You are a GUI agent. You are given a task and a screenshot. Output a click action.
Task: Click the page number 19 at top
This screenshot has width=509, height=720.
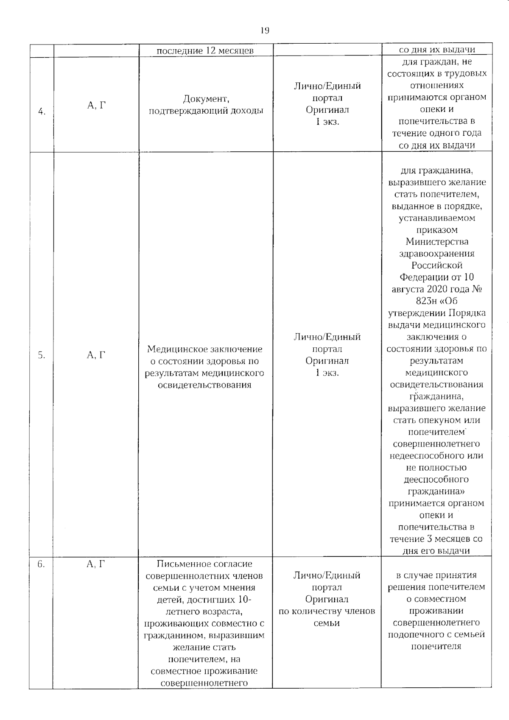264,30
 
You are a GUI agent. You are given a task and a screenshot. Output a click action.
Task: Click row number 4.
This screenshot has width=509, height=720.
42,112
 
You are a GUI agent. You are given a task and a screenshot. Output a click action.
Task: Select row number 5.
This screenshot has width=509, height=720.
42,355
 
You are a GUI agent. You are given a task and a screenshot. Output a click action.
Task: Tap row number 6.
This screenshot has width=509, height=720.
41,564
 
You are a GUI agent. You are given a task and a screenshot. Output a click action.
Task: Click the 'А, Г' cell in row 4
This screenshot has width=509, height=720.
96,106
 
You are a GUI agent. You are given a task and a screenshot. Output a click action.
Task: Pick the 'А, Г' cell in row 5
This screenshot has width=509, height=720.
96,355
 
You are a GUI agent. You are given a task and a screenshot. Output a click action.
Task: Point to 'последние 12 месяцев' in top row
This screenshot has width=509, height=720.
205,51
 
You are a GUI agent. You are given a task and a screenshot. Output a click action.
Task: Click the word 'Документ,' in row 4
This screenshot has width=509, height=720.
206,99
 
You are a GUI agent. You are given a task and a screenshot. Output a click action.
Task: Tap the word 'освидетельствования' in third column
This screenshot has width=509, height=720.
204,385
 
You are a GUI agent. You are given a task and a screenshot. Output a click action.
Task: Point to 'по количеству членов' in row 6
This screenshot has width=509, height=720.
327,611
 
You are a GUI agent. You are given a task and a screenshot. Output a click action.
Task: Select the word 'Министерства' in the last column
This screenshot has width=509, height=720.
437,242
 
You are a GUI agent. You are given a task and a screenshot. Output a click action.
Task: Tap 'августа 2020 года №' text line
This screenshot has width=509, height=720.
437,289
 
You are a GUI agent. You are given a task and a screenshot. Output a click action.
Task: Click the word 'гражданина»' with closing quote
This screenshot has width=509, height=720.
436,491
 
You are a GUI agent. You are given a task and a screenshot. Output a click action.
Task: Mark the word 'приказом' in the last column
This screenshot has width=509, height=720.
436,230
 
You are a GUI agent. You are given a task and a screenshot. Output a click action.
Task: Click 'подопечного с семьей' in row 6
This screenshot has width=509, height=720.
436,635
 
